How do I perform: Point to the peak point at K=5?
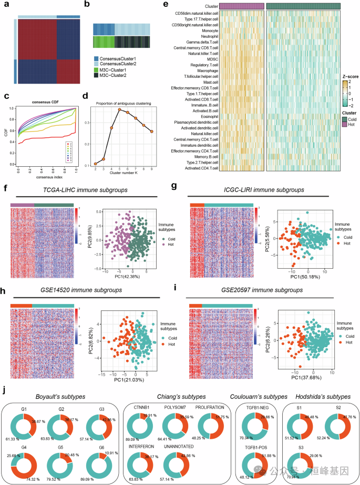tap(119, 109)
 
